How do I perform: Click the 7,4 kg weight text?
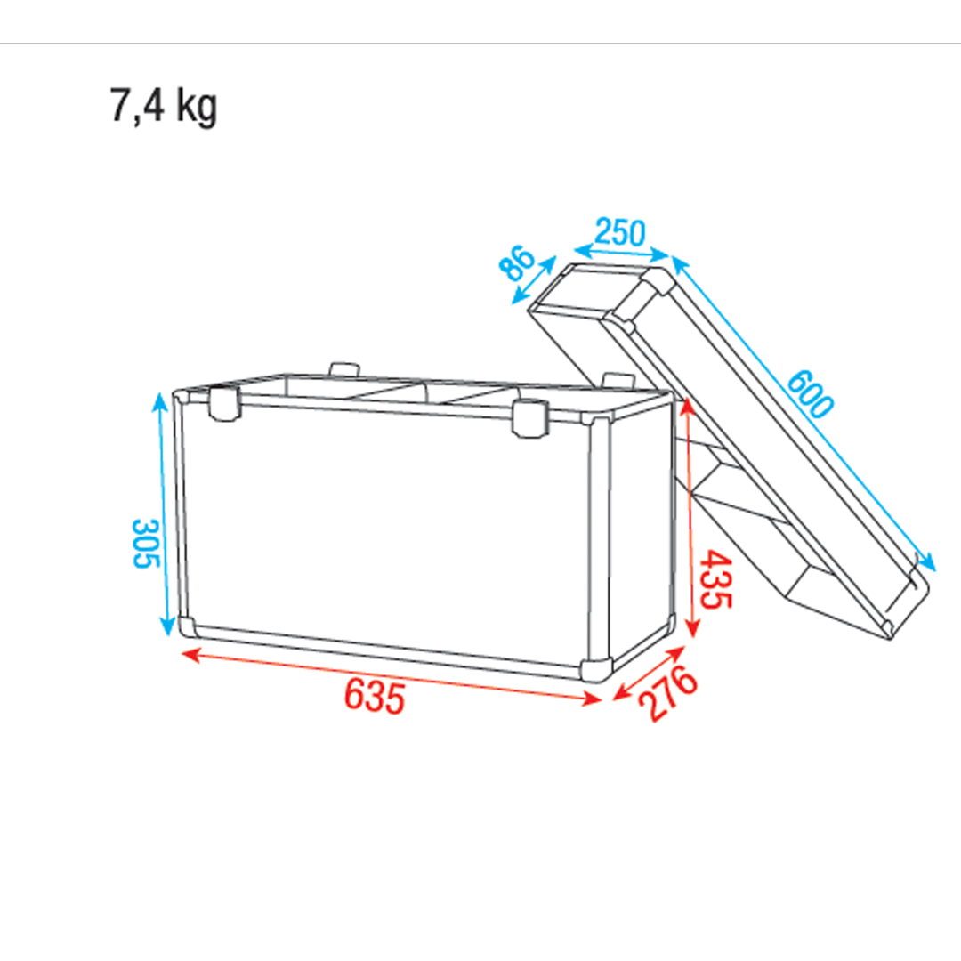click(x=164, y=106)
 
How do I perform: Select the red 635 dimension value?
click(x=375, y=696)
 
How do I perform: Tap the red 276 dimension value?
click(x=667, y=693)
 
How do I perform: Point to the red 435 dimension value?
click(x=715, y=579)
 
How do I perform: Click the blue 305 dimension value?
click(x=146, y=544)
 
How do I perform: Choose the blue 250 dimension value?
click(x=619, y=231)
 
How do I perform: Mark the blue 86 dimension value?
click(x=517, y=262)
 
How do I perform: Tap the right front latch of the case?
click(x=529, y=417)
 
